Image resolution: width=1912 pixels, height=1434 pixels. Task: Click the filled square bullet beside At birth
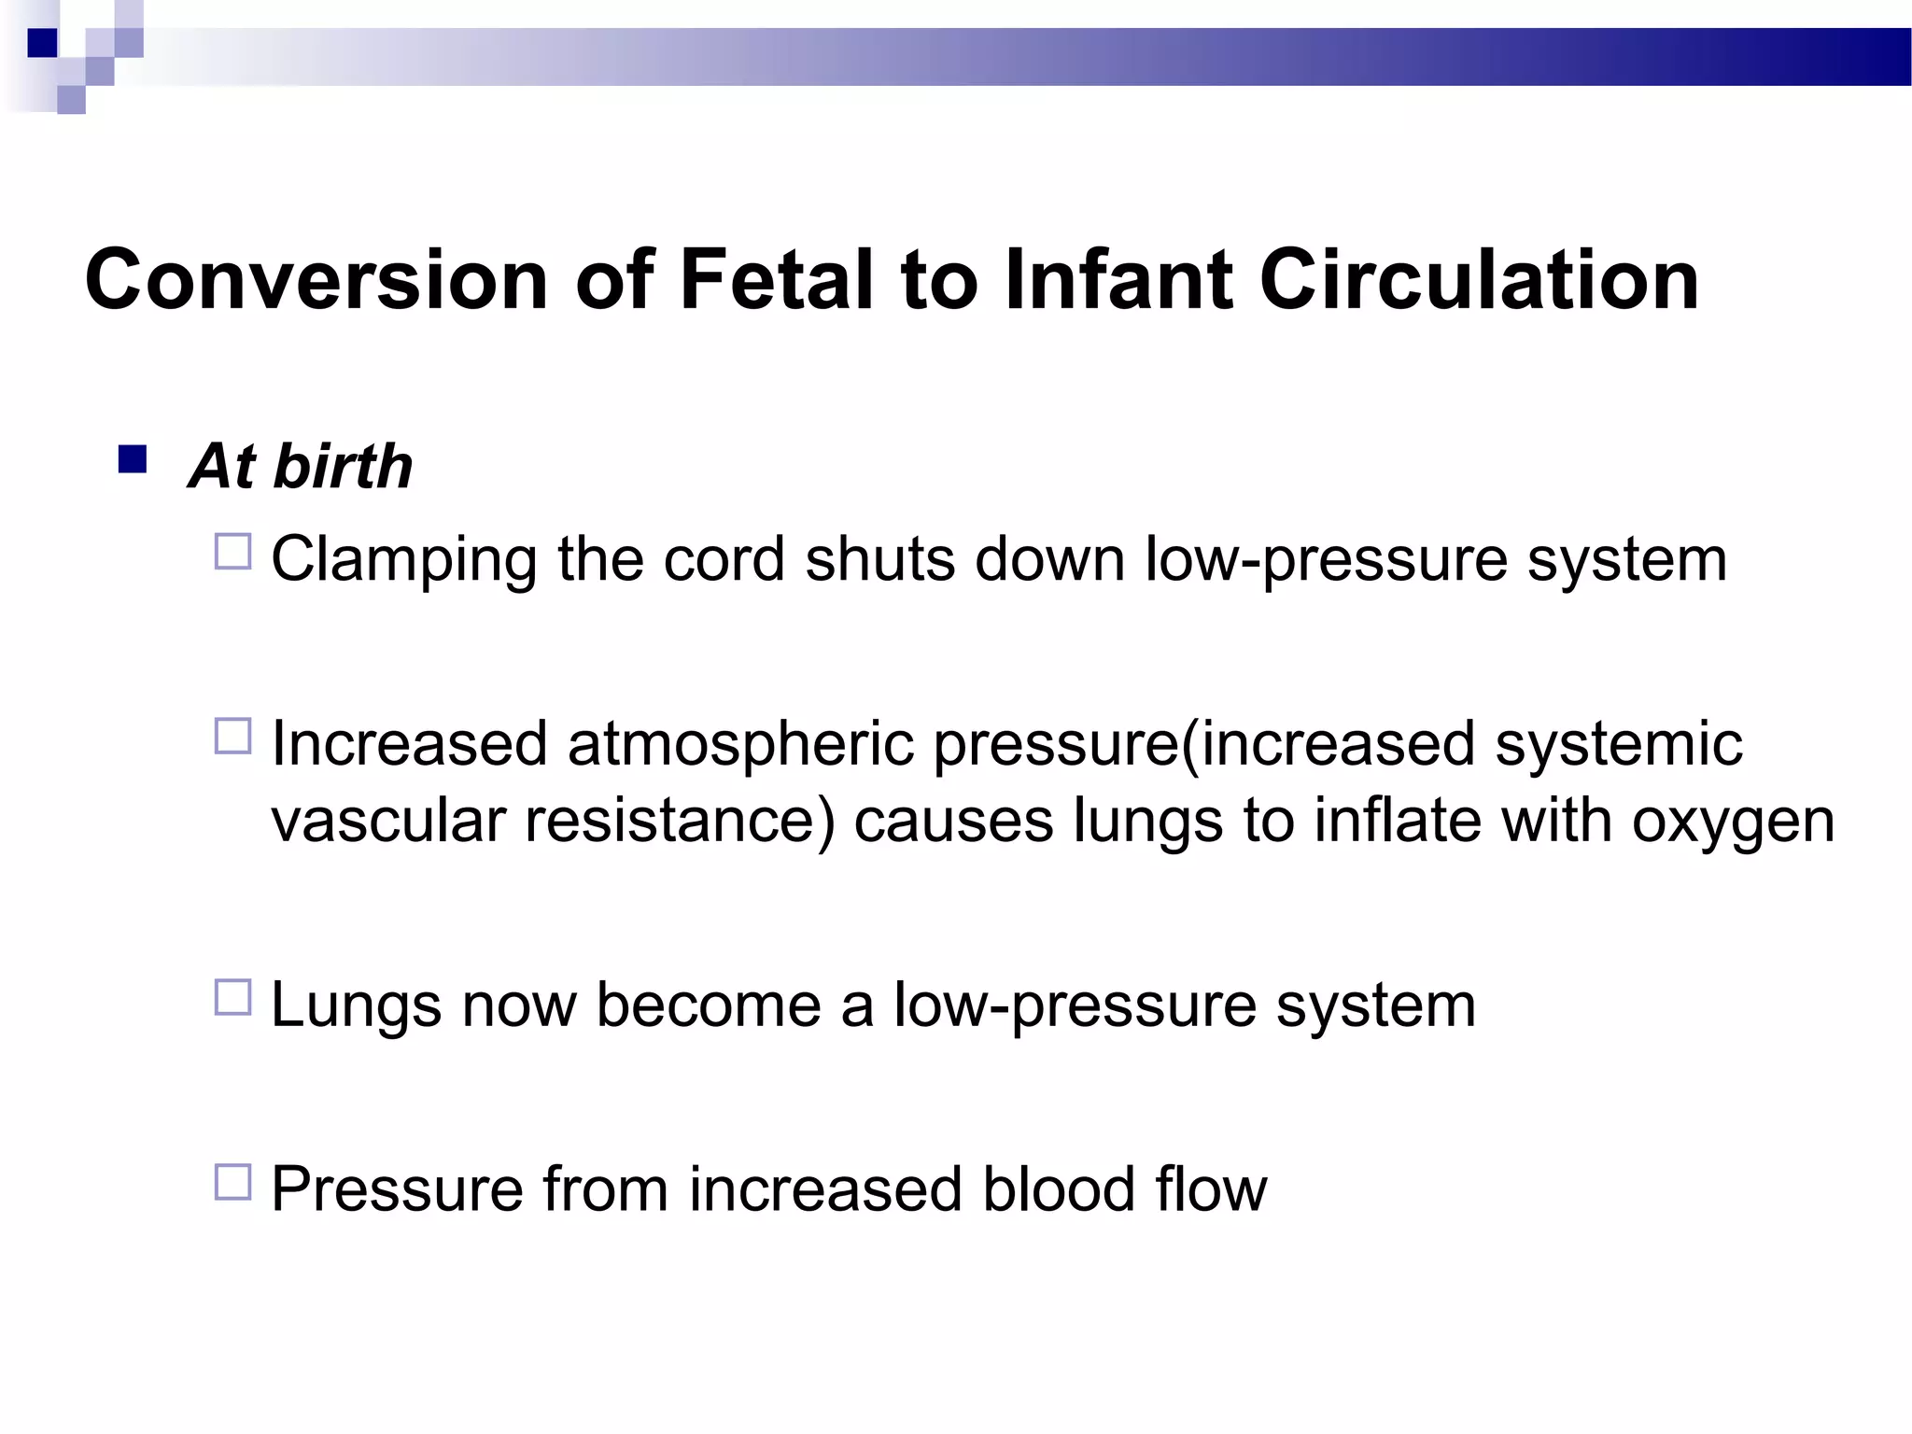coord(133,460)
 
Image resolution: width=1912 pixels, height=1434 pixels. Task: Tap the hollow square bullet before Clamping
coord(233,552)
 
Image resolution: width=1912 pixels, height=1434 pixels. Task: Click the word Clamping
coord(403,560)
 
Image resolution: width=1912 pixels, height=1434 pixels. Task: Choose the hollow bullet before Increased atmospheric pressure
coord(233,737)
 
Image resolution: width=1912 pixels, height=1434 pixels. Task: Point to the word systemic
coord(1619,744)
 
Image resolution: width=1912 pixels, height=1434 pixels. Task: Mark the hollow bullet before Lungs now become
coord(233,997)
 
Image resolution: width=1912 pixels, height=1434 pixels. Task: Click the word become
coord(708,1005)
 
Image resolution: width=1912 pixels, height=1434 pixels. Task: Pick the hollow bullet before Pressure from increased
coord(233,1182)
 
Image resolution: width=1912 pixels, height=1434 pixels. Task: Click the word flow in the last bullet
coord(1211,1189)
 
